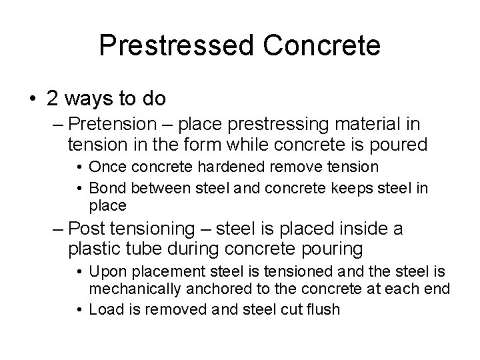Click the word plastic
(96, 249)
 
